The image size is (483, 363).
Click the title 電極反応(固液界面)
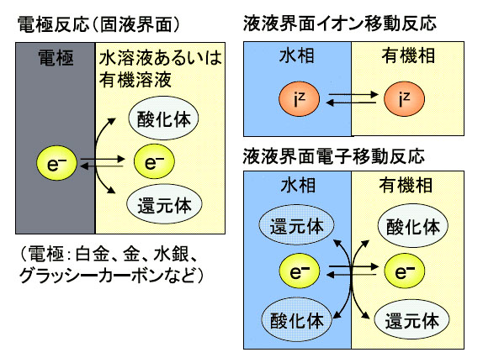pyautogui.click(x=98, y=24)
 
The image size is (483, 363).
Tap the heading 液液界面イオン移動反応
pyautogui.click(x=340, y=24)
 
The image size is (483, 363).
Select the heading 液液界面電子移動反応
pyautogui.click(x=334, y=156)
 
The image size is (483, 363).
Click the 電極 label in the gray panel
pyautogui.click(x=56, y=58)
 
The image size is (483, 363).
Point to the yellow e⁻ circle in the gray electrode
pyautogui.click(x=56, y=163)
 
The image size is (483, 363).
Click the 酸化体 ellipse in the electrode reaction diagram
pyautogui.click(x=163, y=118)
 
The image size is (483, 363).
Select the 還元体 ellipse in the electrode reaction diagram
pyautogui.click(x=164, y=204)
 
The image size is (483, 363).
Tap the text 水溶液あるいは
pyautogui.click(x=160, y=59)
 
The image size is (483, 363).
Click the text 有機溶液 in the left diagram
pyautogui.click(x=135, y=80)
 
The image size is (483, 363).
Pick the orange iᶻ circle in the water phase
pyautogui.click(x=299, y=99)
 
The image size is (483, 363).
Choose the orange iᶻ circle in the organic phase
pyautogui.click(x=404, y=99)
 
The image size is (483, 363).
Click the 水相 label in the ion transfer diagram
pyautogui.click(x=297, y=56)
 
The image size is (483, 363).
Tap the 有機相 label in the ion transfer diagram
pyautogui.click(x=408, y=56)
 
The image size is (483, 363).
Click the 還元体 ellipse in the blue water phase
pyautogui.click(x=297, y=225)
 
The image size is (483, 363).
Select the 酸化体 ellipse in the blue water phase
pyautogui.click(x=297, y=320)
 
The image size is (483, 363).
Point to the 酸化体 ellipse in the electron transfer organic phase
pyautogui.click(x=413, y=226)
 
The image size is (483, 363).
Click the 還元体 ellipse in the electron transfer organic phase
pyautogui.click(x=411, y=321)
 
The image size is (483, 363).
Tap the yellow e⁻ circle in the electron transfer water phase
pyautogui.click(x=299, y=271)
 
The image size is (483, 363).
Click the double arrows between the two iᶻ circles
pyautogui.click(x=352, y=98)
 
